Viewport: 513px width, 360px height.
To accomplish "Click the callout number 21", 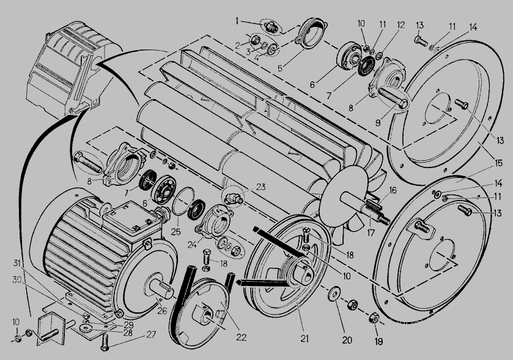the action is point(304,339).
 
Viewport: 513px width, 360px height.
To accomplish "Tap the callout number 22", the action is point(241,337).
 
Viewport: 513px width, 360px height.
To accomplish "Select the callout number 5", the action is point(279,68).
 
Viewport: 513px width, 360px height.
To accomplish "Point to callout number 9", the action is point(378,123).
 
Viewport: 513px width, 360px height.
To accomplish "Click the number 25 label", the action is point(175,232).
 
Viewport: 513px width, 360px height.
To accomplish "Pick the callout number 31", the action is point(17,263).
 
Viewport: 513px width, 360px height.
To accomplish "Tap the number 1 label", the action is point(237,21).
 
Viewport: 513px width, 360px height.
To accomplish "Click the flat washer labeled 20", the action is point(334,293).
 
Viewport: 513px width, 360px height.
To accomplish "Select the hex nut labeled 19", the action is point(374,318).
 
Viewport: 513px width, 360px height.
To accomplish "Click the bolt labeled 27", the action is point(105,342).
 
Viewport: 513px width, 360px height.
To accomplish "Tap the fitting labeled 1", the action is point(272,28).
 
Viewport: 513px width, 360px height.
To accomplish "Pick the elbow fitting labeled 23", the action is point(234,197).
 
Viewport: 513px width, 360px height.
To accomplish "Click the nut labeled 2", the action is point(255,40).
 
